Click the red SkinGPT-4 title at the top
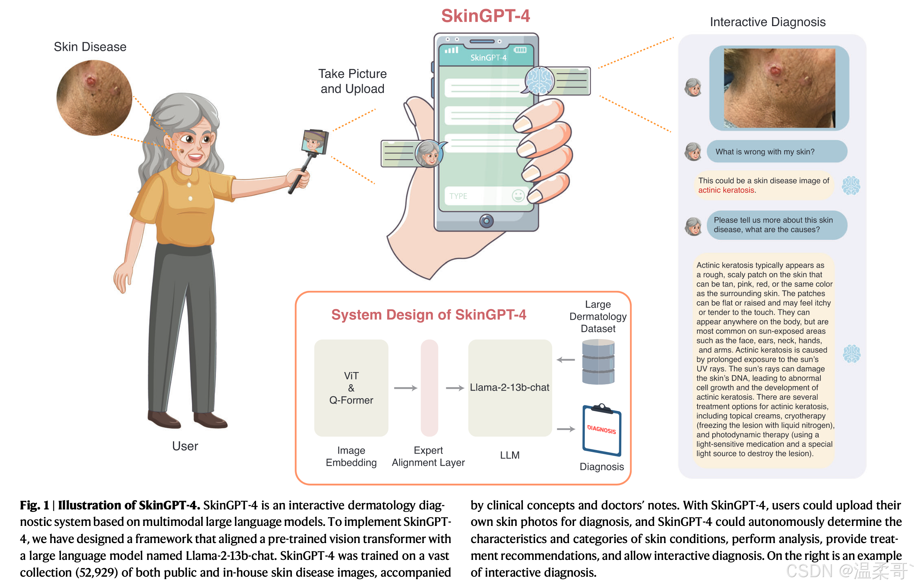tap(485, 16)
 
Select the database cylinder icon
tap(598, 362)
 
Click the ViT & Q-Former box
tap(351, 388)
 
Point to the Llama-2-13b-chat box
tap(510, 388)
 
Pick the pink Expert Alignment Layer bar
tap(429, 388)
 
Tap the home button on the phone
tap(486, 221)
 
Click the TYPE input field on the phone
tap(476, 196)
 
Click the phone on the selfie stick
tap(315, 142)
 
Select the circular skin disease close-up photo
tap(94, 98)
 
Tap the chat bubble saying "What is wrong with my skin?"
tap(777, 151)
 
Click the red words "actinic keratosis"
tap(726, 190)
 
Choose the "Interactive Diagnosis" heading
tap(767, 22)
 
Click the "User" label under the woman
tap(185, 446)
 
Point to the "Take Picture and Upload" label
tap(352, 81)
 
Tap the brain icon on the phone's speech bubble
tap(539, 80)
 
